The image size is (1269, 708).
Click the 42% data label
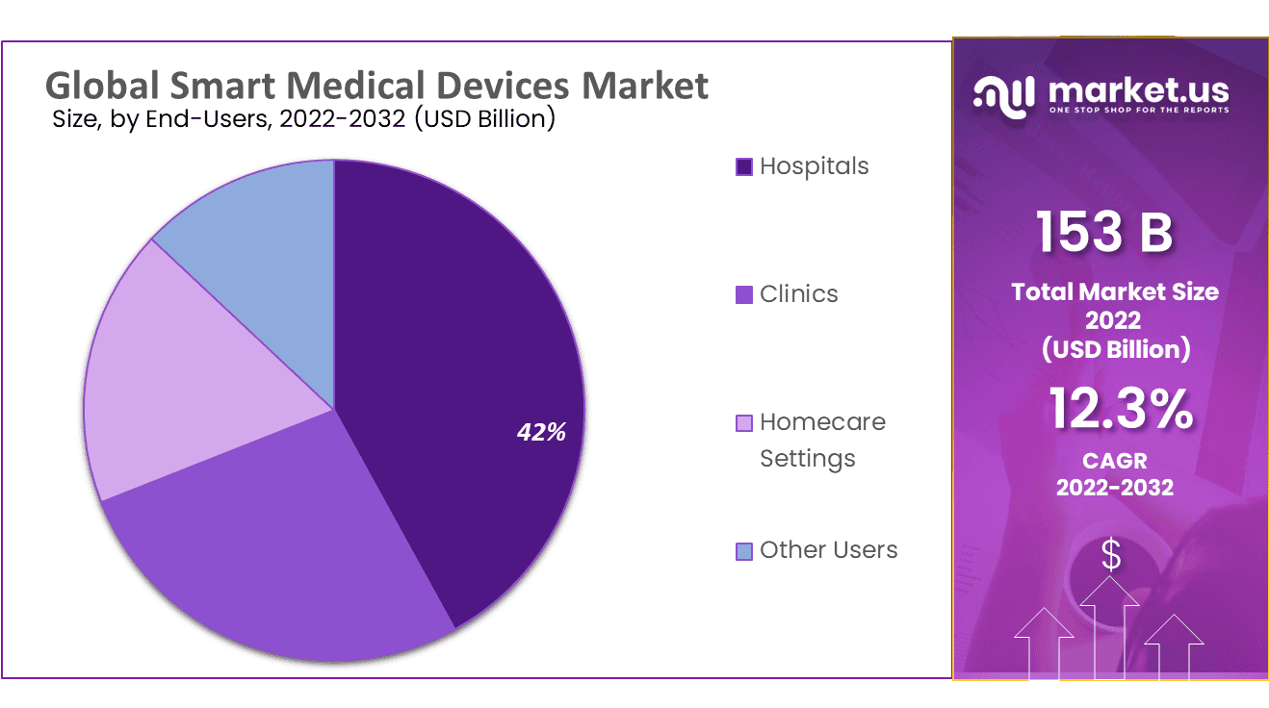pos(541,433)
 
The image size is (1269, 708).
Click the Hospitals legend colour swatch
pos(743,166)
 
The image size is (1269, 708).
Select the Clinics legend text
pos(798,294)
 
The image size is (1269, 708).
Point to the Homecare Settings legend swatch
pos(743,422)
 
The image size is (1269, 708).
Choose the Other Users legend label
pos(828,550)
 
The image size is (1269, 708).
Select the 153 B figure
pos(1104,233)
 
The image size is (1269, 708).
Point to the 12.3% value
pos(1121,409)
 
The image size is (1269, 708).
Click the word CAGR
pos(1114,461)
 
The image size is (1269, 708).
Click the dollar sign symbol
pos(1111,555)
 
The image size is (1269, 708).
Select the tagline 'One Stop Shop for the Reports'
pos(1138,111)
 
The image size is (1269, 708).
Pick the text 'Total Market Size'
pos(1115,292)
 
